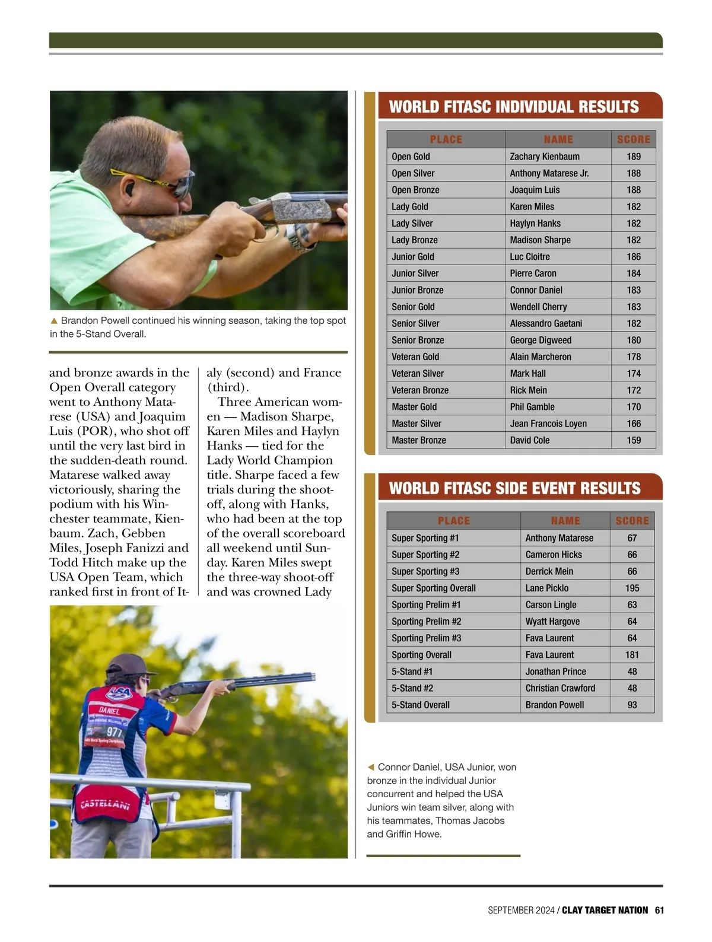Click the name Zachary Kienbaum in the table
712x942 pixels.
coord(545,157)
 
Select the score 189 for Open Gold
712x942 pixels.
coord(633,157)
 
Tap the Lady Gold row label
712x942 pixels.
coord(409,206)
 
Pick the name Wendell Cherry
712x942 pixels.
coord(538,307)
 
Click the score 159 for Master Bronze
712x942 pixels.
coord(633,440)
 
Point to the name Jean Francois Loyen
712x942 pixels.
coord(548,424)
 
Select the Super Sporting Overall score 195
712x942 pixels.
coord(632,588)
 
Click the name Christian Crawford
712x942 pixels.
coord(560,688)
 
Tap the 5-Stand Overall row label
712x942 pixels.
coord(420,705)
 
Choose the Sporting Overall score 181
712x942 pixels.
coord(632,655)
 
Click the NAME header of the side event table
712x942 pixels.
coord(565,521)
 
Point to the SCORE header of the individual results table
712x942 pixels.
coord(633,139)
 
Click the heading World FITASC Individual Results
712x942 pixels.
coord(513,107)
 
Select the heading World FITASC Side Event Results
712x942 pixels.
coord(514,488)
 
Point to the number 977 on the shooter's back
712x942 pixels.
coord(114,732)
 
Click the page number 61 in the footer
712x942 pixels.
coord(659,910)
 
